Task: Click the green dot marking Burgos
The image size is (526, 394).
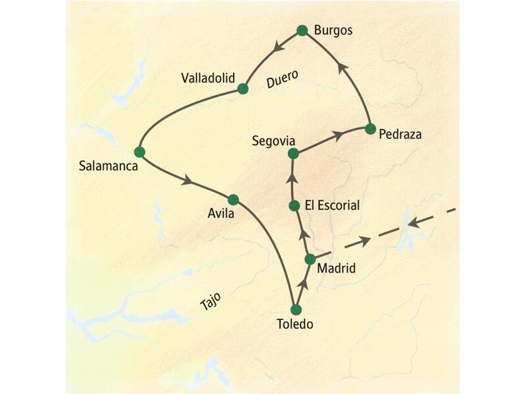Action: [x=302, y=30]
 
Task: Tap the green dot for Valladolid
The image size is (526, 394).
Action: [x=243, y=89]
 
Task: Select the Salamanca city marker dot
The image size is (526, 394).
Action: [x=139, y=152]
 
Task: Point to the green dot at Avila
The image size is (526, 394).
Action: [x=232, y=199]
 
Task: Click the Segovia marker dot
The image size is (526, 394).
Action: [x=293, y=154]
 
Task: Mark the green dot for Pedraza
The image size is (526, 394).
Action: [x=370, y=128]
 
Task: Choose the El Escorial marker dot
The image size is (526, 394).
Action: [x=295, y=206]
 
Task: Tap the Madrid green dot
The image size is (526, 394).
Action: [x=310, y=259]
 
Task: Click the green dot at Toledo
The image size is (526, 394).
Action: [x=296, y=309]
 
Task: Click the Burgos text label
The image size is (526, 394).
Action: [x=333, y=30]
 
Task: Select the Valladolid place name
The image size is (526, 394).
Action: [x=208, y=78]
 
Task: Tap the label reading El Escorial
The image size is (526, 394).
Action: [x=332, y=206]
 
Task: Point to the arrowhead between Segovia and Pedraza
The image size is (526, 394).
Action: [x=338, y=135]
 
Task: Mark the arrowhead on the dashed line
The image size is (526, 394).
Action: [x=363, y=243]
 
